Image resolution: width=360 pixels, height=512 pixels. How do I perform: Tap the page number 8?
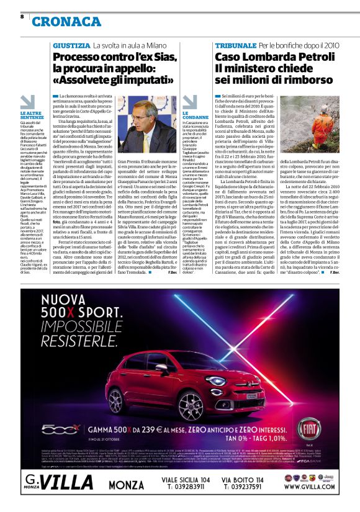pyautogui.click(x=22, y=17)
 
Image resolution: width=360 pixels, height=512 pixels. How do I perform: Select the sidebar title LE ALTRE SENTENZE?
pyautogui.click(x=30, y=115)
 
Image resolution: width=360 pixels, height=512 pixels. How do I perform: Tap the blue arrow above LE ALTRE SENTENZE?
pyautogui.click(x=27, y=102)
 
